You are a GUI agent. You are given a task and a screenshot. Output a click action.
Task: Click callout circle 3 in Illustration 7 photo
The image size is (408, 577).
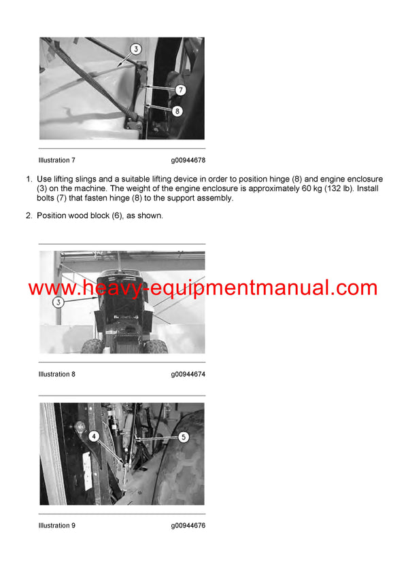pos(135,50)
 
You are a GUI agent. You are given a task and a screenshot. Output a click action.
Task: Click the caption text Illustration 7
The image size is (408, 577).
pos(57,160)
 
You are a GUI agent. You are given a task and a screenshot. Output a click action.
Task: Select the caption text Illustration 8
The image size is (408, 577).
pos(57,374)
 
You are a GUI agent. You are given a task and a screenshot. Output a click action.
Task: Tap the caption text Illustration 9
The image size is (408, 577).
pos(57,525)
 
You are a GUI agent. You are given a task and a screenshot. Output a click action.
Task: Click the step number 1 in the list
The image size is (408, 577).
pos(29,179)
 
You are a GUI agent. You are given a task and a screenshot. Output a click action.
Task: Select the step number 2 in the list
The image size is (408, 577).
pos(29,215)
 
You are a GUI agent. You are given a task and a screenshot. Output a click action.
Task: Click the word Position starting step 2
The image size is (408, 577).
pos(52,215)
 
